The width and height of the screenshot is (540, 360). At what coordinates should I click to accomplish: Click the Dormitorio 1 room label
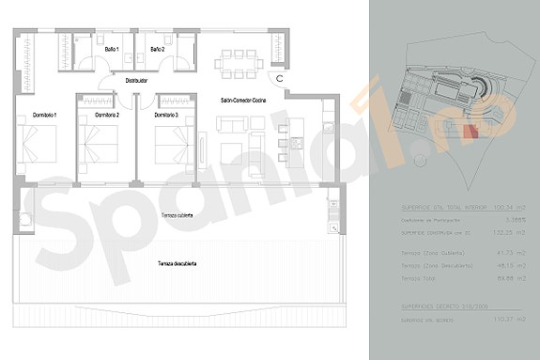(44, 115)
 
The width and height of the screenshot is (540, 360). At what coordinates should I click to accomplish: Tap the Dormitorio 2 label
(105, 115)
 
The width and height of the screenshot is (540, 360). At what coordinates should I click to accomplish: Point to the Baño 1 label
(112, 48)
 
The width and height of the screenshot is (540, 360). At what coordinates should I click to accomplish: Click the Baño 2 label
(157, 48)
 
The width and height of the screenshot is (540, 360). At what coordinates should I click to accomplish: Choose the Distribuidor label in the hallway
(141, 81)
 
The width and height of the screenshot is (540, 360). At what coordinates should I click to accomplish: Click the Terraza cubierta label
(177, 215)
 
